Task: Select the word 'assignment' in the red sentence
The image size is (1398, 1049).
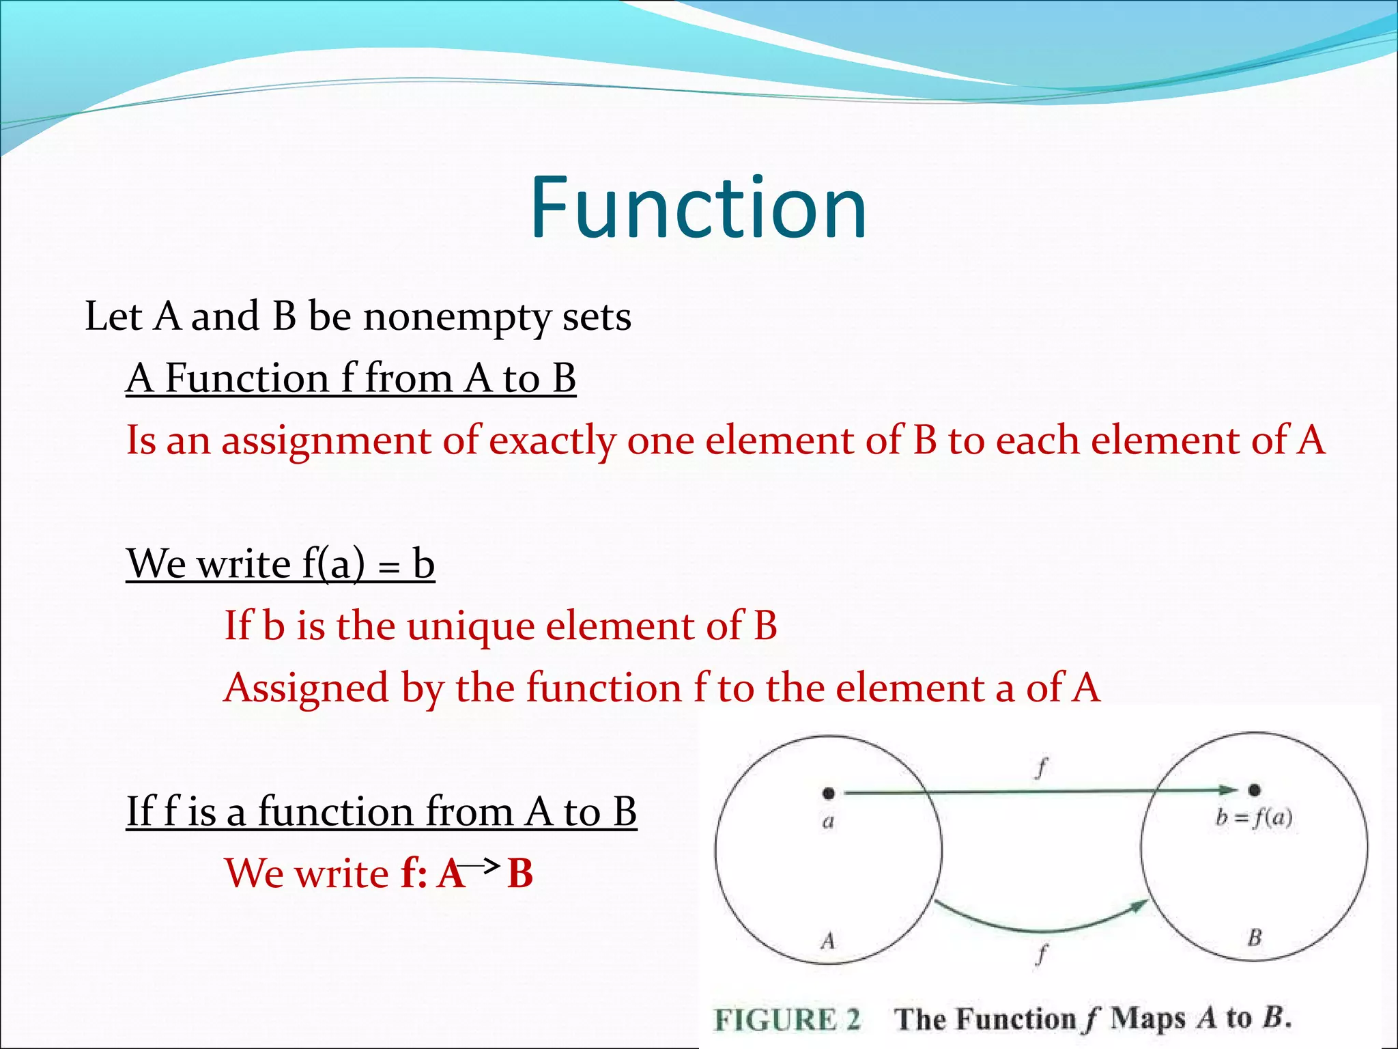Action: pos(326,440)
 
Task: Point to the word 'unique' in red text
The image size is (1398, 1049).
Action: pos(470,626)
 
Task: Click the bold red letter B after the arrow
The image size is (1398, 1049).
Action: pos(520,874)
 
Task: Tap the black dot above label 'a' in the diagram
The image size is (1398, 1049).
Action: pos(828,793)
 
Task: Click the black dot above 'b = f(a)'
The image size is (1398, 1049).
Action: pos(1254,791)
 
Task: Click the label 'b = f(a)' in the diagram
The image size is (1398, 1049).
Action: pos(1254,817)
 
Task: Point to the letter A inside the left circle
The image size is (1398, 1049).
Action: pos(828,941)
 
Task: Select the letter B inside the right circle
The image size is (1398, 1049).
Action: pos(1255,938)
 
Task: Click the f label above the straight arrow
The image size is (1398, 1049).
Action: pos(1041,768)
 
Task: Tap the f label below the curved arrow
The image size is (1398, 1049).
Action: pos(1042,953)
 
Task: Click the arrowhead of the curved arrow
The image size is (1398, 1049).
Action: pos(1141,905)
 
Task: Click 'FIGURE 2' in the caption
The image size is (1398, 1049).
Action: pos(787,1020)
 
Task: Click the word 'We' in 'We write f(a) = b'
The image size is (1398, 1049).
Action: pos(156,565)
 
